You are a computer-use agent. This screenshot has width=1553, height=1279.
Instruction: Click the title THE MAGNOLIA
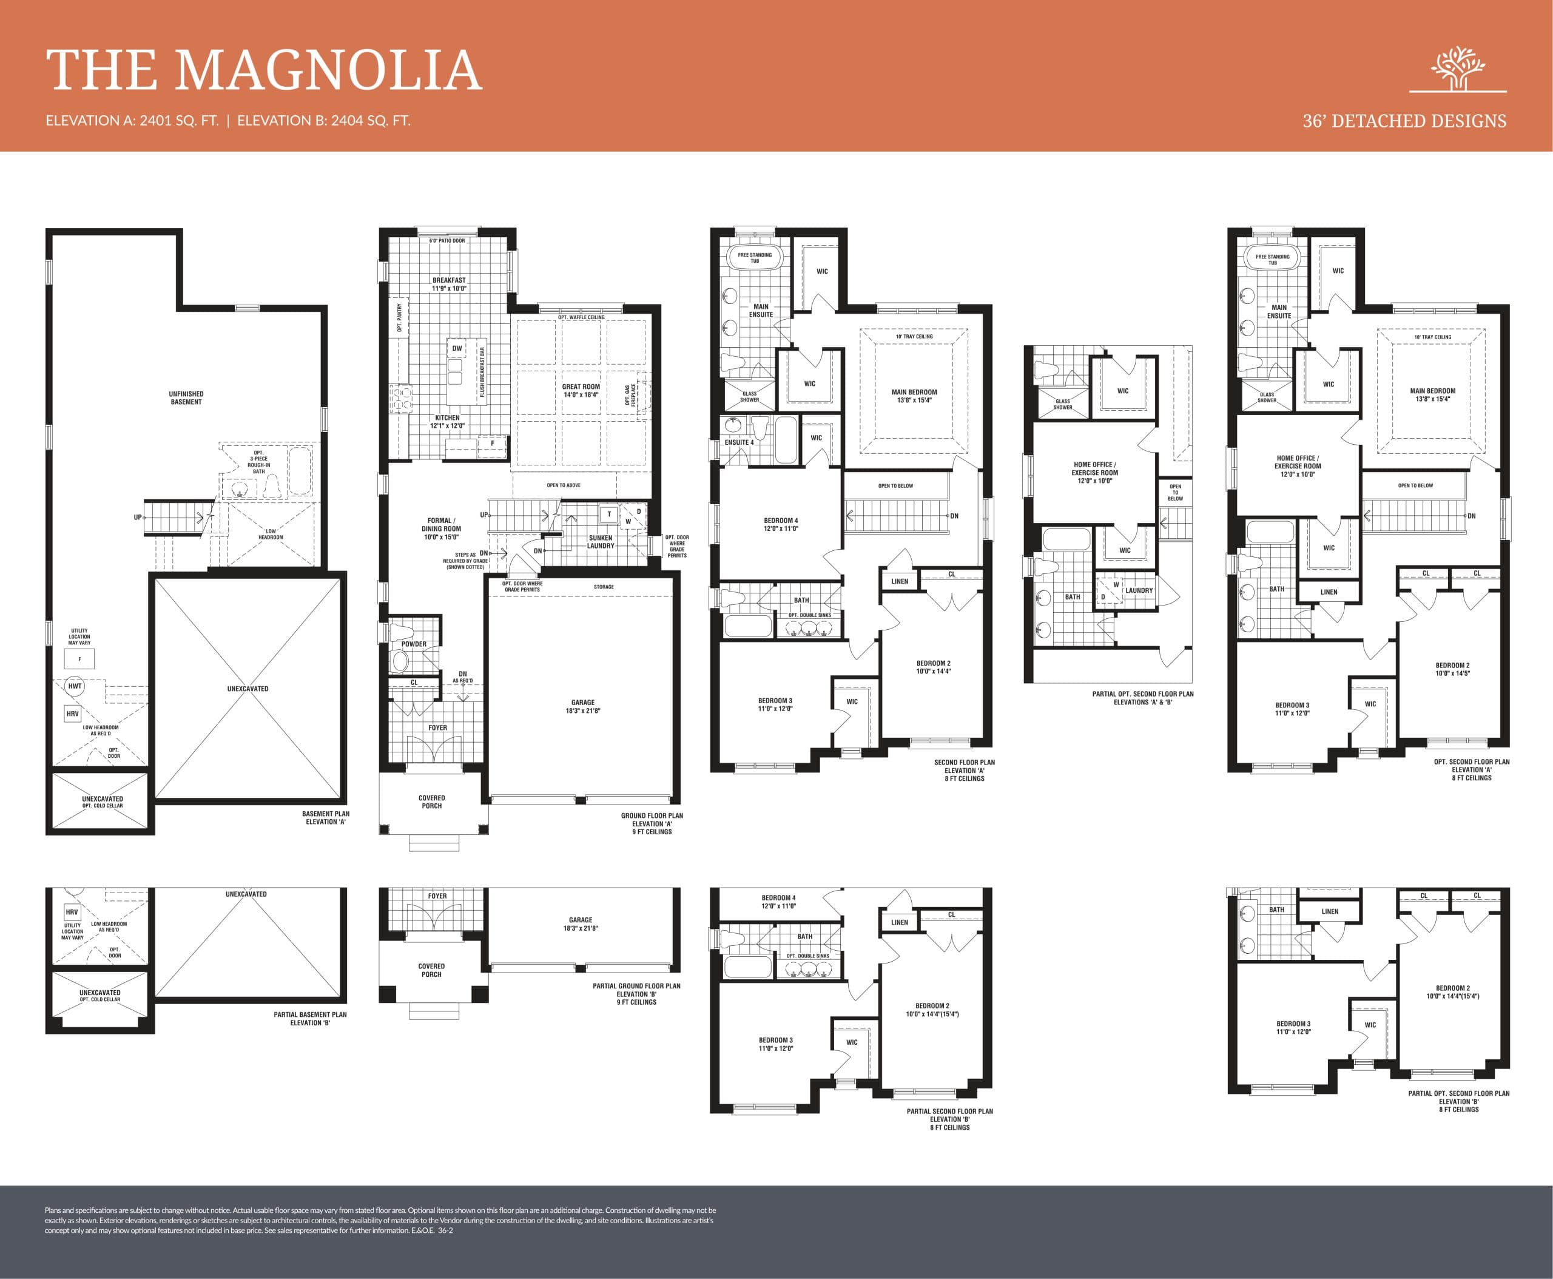pos(264,71)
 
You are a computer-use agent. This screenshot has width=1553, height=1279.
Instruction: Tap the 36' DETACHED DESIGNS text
pos(1404,121)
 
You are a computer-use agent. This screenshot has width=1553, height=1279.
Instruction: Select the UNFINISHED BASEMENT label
pos(186,398)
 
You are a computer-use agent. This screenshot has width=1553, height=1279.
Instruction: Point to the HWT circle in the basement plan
pos(75,686)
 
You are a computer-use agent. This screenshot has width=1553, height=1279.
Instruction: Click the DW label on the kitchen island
pos(457,348)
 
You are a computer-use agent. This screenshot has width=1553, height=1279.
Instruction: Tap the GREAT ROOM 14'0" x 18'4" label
pos(581,391)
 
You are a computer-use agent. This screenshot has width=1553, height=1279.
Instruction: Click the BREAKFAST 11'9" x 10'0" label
pos(449,285)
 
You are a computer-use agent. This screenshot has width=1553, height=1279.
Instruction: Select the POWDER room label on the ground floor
pos(413,644)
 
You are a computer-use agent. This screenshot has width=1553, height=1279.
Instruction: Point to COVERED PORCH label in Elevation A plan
pos(432,801)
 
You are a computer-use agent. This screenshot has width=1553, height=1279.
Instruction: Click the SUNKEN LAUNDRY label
pos(601,541)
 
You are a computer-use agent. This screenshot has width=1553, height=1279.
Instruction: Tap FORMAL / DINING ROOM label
pos(441,528)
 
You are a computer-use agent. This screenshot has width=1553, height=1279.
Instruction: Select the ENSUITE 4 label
pos(739,443)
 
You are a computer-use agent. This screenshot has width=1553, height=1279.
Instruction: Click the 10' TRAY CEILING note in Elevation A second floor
pos(914,337)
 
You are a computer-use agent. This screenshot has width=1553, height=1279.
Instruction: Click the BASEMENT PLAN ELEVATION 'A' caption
pos(325,818)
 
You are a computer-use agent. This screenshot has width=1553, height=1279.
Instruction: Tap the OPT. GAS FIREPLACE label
pos(631,395)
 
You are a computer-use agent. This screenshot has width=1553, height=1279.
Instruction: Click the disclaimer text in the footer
pos(379,1220)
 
